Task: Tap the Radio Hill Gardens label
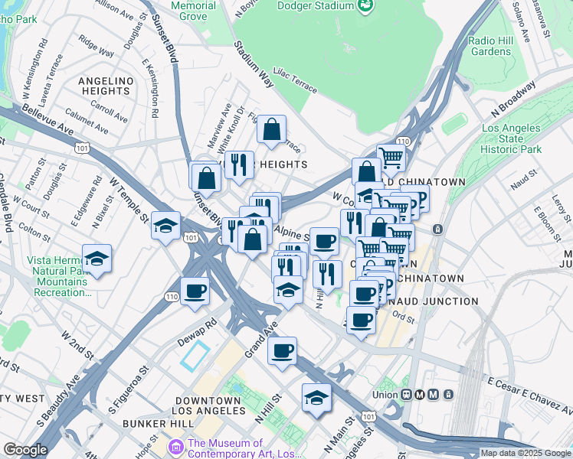coord(490,46)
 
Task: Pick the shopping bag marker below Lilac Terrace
coord(271,129)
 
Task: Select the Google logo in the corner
coord(25,450)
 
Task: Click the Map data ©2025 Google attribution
coord(526,453)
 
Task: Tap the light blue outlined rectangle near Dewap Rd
coord(195,356)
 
